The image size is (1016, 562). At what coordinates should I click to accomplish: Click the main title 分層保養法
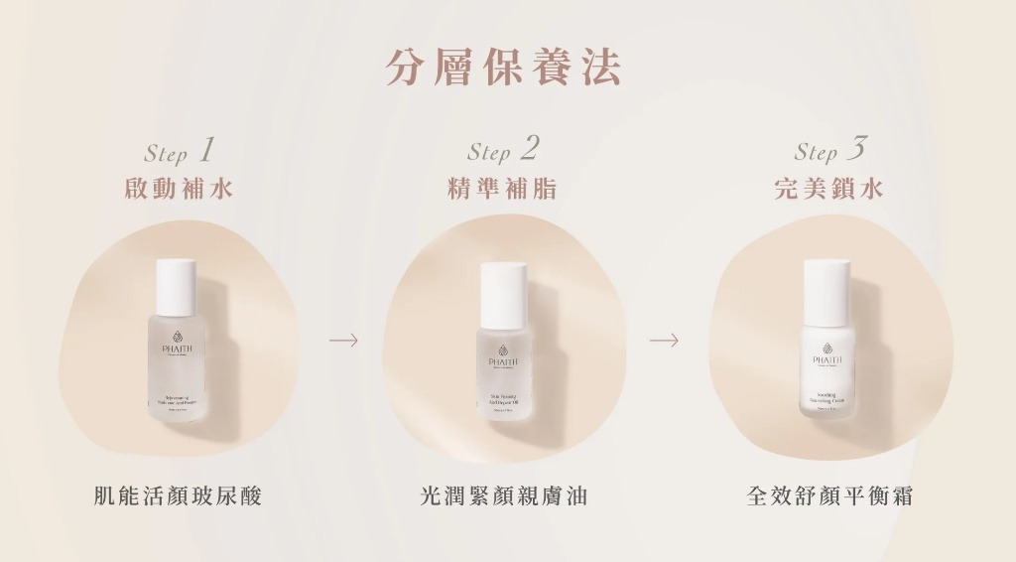(504, 68)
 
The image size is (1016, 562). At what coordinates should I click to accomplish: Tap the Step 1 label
(180, 151)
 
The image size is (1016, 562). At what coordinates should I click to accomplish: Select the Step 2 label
(503, 151)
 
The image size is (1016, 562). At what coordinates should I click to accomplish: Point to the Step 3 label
(829, 151)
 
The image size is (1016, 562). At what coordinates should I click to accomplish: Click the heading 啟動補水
(180, 189)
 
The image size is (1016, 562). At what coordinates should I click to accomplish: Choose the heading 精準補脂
(503, 189)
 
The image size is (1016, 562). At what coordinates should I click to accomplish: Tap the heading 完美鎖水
(829, 189)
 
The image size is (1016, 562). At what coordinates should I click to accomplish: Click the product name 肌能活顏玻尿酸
(179, 495)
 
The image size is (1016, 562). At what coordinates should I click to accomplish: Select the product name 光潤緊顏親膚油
(504, 495)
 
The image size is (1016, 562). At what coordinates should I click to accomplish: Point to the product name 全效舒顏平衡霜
(829, 495)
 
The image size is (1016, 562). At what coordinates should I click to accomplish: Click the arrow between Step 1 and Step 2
(343, 341)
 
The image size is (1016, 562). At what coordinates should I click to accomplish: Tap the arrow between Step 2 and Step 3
(664, 341)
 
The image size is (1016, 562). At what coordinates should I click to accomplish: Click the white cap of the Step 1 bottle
(177, 285)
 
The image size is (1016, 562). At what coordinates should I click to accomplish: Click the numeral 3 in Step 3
(857, 149)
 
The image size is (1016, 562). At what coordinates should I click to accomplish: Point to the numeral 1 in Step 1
(206, 150)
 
